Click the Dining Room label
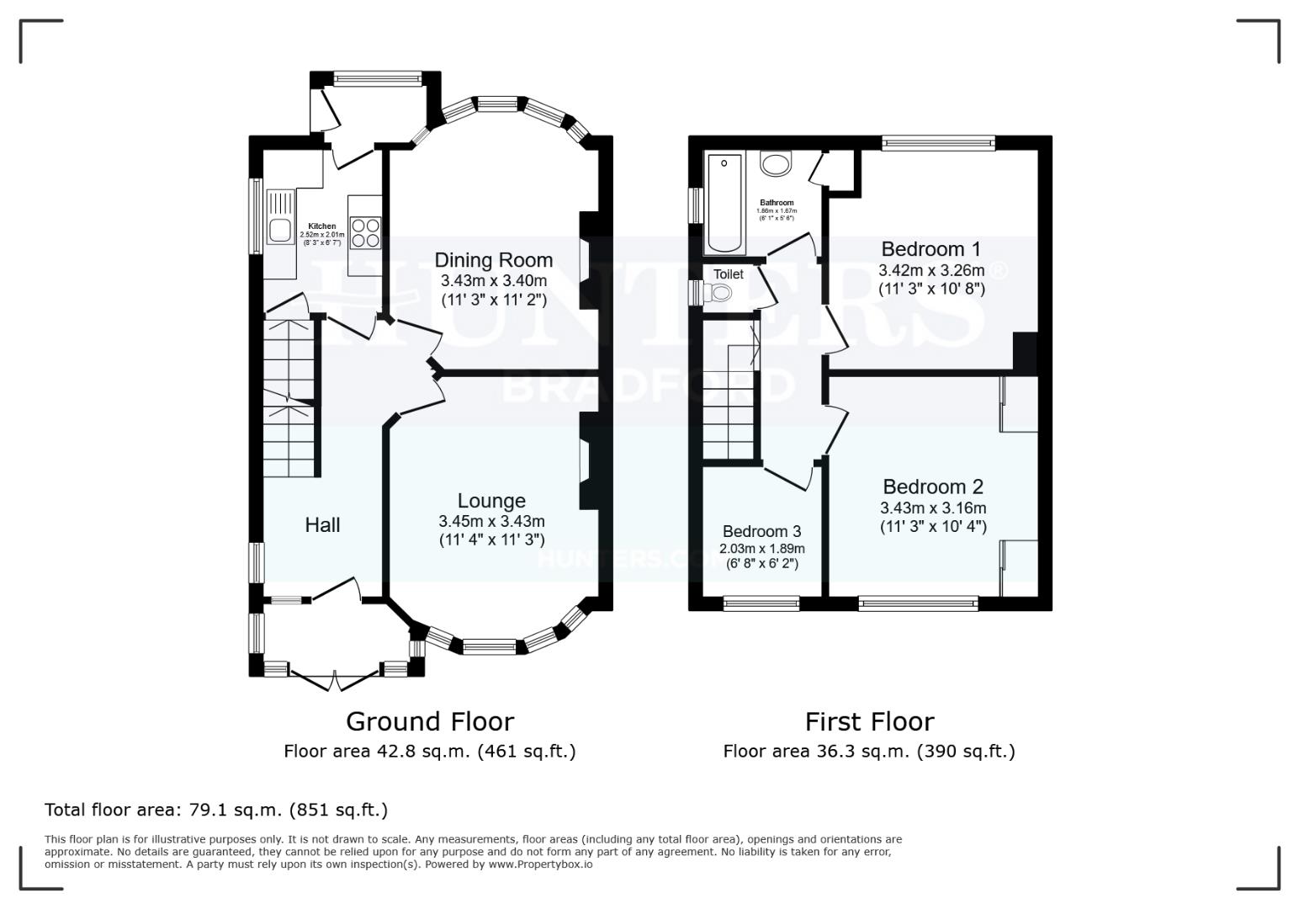pos(493,260)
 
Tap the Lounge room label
pos(491,502)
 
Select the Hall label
pos(322,525)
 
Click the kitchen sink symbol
pos(280,217)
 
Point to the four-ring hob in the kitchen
pos(366,232)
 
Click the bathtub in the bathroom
pos(725,204)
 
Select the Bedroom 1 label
pos(931,249)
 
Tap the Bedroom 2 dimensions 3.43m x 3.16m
pos(933,508)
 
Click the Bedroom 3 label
pos(761,532)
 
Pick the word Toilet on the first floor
pos(729,274)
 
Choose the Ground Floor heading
pos(429,722)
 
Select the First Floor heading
pos(869,722)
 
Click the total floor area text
pos(216,811)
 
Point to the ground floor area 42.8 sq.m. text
pos(429,752)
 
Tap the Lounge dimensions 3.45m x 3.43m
pos(491,522)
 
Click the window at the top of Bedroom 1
pos(938,143)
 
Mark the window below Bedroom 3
pos(761,602)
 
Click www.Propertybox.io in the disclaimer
pos(540,864)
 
